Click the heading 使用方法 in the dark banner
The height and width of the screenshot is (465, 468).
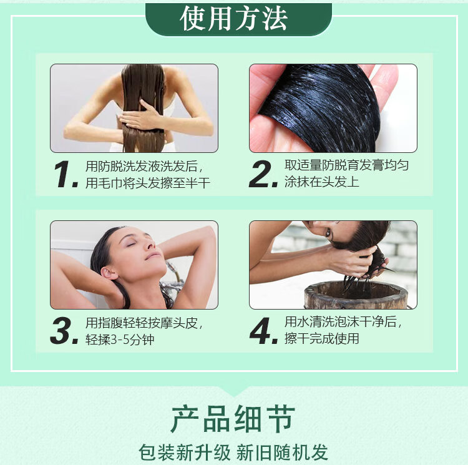pos(233,19)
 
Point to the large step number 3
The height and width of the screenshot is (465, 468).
pos(64,331)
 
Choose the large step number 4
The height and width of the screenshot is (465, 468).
pos(264,331)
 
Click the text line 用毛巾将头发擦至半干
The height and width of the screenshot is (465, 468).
pos(148,183)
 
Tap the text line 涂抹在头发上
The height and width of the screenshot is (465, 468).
pos(322,182)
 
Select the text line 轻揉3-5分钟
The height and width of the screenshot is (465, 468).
pos(120,340)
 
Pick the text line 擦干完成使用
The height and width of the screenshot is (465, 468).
pos(322,338)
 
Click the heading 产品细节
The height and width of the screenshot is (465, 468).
pos(233,418)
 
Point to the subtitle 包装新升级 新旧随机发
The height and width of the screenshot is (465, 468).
pos(233,453)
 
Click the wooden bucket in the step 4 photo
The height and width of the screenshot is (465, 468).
pos(356,295)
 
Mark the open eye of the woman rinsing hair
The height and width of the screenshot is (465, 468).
pos(328,232)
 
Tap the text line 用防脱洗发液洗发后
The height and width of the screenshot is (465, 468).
pos(144,166)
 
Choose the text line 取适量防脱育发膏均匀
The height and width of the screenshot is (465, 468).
pos(346,165)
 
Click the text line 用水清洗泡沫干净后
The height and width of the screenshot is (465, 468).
pos(343,321)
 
